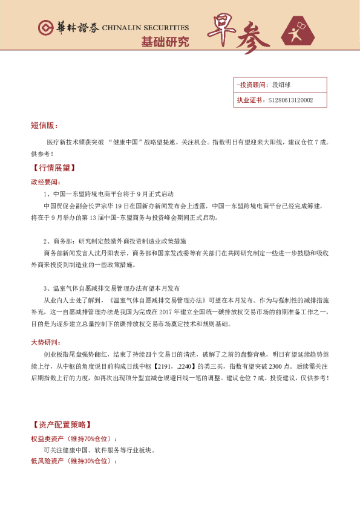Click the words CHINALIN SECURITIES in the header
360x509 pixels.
pos(145,28)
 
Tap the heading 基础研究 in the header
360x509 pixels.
pos(165,42)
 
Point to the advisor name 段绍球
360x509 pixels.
pos(283,86)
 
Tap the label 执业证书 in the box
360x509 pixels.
pos(250,100)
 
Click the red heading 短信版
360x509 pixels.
pos(44,126)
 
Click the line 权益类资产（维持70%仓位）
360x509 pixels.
pos(74,438)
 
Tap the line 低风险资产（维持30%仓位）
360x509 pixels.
pos(74,461)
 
